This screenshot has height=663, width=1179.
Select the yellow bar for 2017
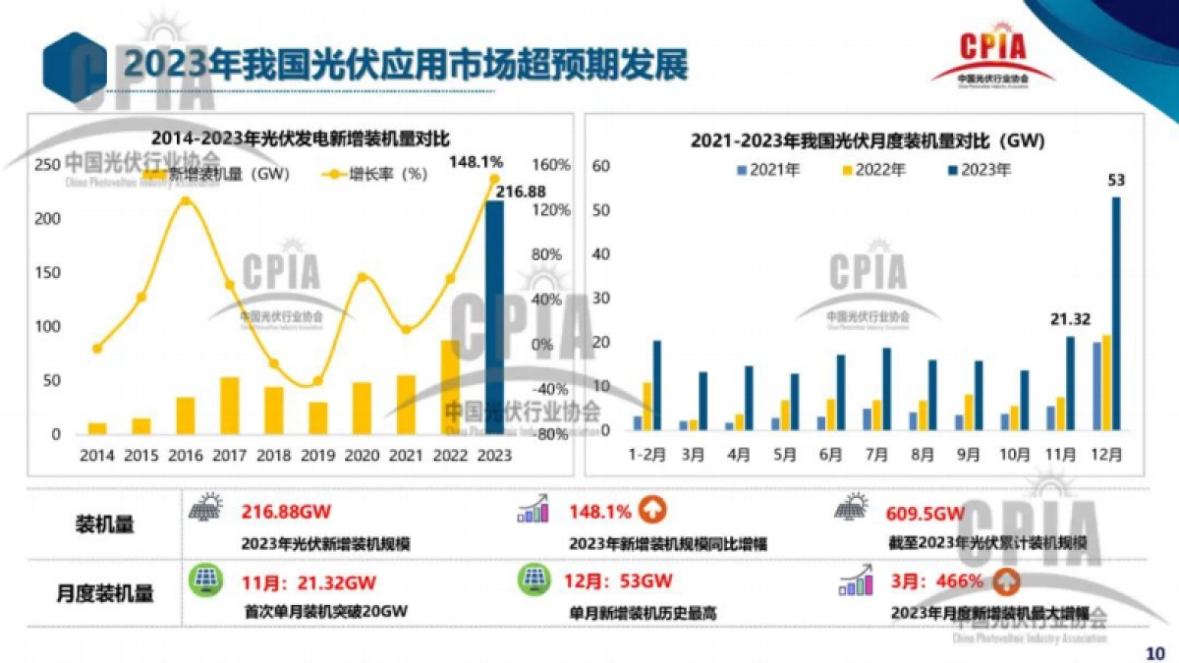(229, 406)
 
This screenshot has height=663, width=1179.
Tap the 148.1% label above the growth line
(476, 161)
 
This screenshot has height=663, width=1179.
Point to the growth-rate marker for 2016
(186, 201)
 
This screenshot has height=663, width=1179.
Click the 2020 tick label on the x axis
(362, 456)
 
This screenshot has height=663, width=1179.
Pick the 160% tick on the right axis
(551, 165)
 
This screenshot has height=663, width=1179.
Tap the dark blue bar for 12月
(1116, 313)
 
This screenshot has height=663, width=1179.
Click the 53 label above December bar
(1116, 180)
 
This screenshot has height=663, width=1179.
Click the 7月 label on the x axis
(879, 456)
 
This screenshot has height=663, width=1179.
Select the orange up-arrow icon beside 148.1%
(652, 511)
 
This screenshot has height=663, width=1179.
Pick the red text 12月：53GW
(618, 580)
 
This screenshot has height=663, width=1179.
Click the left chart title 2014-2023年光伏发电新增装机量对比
(299, 138)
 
